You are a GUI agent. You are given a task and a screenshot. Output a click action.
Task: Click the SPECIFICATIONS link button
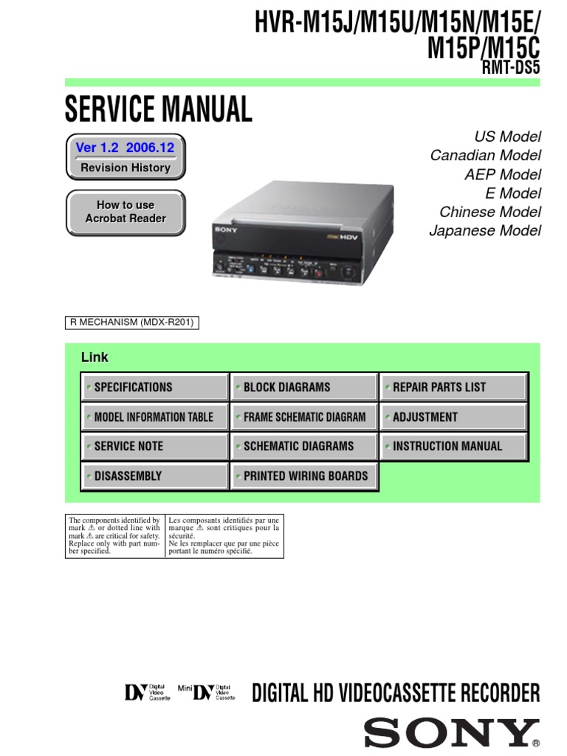[154, 387]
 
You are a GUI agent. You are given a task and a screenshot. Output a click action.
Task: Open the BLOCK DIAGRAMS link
[303, 387]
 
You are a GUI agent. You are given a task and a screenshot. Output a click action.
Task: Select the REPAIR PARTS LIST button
[453, 387]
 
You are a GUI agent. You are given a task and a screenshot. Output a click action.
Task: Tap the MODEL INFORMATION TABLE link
[154, 416]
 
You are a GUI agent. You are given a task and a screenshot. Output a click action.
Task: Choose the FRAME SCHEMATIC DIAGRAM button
[303, 416]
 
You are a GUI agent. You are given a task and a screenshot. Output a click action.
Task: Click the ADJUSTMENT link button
[453, 416]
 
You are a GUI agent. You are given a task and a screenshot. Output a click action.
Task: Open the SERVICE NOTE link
[154, 446]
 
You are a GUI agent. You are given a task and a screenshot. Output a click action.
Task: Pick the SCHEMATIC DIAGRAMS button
[303, 446]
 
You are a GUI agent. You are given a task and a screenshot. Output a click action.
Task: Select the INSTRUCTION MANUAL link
[453, 446]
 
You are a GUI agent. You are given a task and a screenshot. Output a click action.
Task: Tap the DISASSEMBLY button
[154, 476]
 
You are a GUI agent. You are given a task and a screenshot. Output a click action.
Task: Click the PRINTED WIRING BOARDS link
[303, 476]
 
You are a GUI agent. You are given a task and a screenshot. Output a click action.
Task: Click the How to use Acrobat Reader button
[126, 212]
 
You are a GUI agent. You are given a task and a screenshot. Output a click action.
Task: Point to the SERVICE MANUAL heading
[158, 110]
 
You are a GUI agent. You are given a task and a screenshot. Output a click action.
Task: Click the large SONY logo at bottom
[451, 733]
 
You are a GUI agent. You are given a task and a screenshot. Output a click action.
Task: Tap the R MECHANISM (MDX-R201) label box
[133, 323]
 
